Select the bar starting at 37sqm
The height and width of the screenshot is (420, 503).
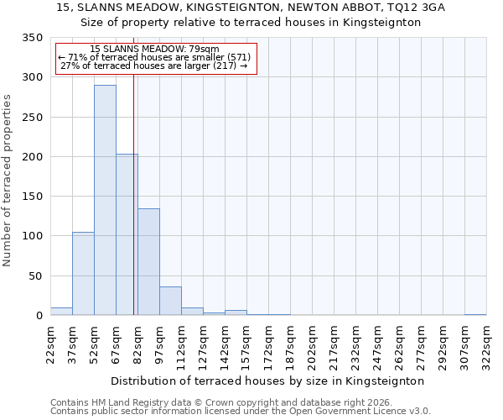click(83, 273)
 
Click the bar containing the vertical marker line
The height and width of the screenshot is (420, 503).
click(127, 234)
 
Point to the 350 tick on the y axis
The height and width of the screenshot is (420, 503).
click(32, 38)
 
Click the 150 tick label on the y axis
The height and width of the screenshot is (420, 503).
click(32, 197)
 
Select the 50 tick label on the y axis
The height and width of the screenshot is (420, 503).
click(35, 276)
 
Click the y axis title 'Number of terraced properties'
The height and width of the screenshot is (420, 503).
click(8, 180)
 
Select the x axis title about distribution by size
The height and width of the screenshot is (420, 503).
click(267, 381)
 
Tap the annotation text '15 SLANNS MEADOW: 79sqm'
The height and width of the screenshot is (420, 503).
click(154, 50)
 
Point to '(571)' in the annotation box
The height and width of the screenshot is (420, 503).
click(239, 57)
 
